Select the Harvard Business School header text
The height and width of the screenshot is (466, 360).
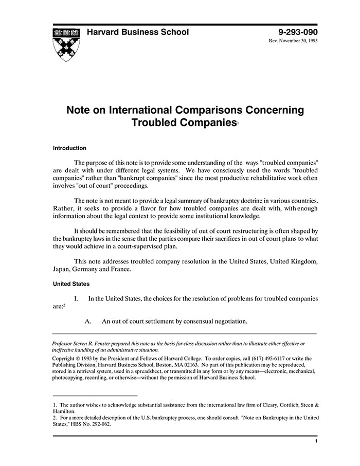click(137, 32)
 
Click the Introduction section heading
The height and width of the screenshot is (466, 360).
click(69, 148)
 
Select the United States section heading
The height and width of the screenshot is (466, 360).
click(71, 284)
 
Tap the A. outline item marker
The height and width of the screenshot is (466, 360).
click(88, 321)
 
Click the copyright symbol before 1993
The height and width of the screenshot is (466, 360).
click(79, 358)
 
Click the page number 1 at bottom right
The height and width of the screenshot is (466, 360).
click(315, 441)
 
